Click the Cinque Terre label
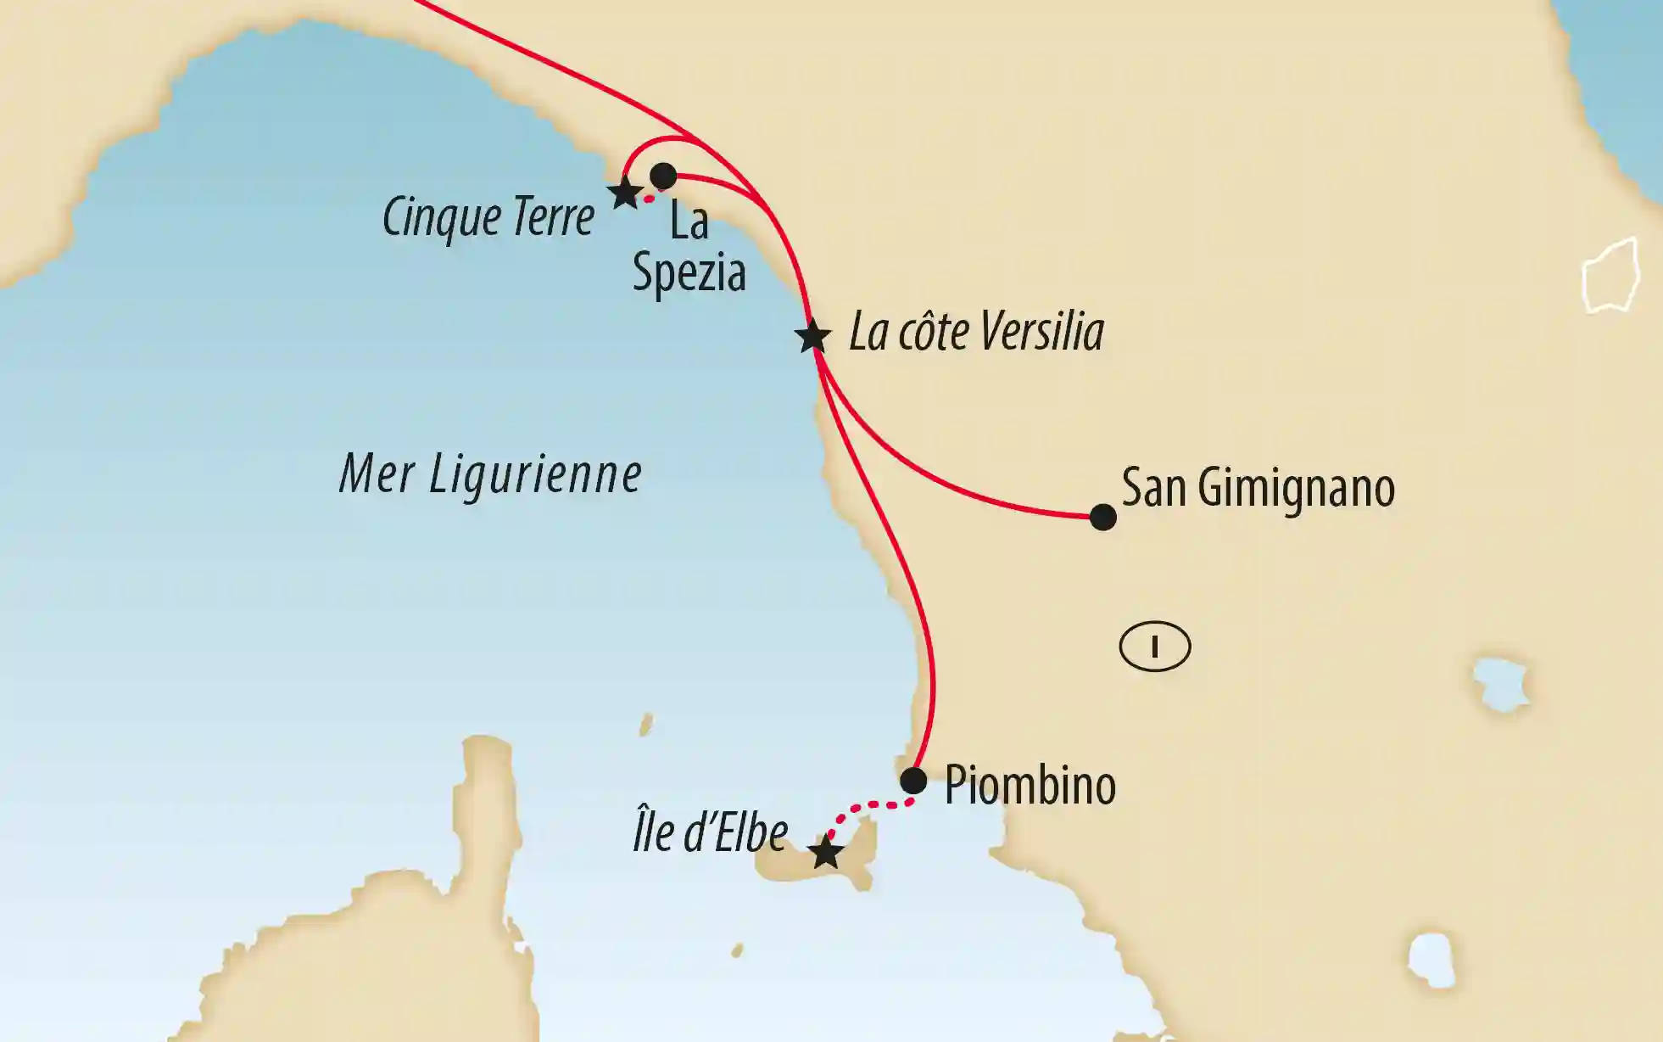click(488, 218)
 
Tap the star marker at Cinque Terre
click(625, 193)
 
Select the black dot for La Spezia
click(662, 176)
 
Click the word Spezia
click(689, 273)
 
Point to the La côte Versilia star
click(812, 336)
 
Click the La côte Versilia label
click(976, 332)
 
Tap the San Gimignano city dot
click(1102, 517)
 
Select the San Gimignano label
click(1258, 488)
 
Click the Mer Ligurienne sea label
click(490, 473)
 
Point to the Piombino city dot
click(913, 781)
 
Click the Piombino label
click(1030, 786)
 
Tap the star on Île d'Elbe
click(825, 852)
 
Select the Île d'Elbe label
click(711, 832)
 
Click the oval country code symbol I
click(1155, 647)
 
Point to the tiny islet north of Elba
click(646, 725)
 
